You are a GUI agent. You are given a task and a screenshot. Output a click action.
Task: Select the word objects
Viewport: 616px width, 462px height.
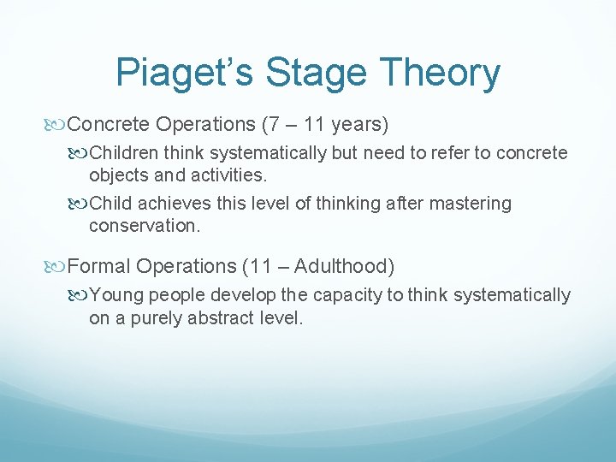117,175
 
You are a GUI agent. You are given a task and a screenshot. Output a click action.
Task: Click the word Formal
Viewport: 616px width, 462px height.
98,267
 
